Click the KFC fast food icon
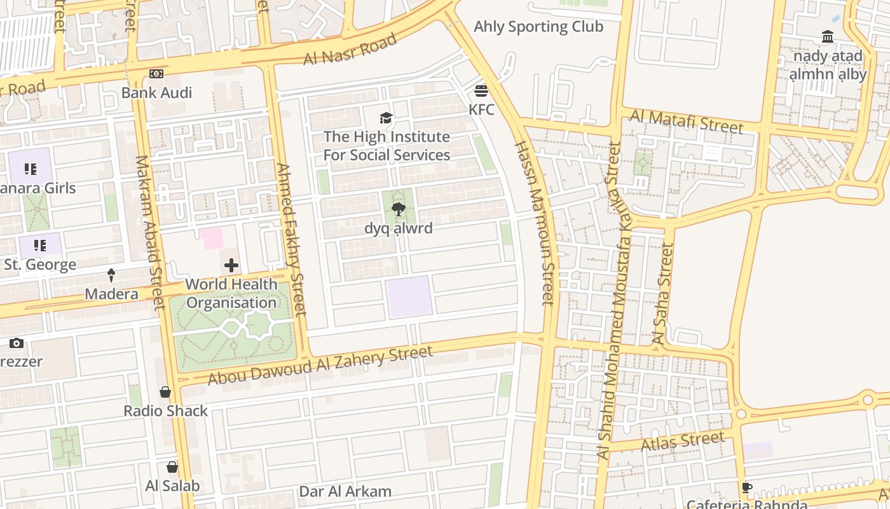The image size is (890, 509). tap(481, 90)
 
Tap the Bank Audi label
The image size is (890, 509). tap(156, 93)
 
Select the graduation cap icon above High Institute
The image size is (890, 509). tap(386, 118)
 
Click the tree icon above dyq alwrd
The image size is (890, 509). tap(399, 209)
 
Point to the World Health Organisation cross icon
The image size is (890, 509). tap(231, 265)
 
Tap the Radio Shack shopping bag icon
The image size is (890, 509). tap(165, 392)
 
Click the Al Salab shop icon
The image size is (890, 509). tap(172, 467)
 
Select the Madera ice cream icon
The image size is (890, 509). tap(111, 275)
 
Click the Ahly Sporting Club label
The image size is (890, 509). tap(538, 27)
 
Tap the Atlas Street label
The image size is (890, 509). tap(683, 441)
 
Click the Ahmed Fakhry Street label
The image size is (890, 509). tap(292, 239)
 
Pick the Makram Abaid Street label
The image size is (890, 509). tap(150, 233)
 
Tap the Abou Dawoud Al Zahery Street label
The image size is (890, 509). tap(320, 365)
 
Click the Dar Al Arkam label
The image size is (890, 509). tap(345, 491)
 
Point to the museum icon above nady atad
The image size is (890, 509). tap(827, 37)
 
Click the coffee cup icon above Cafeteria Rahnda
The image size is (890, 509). tap(747, 488)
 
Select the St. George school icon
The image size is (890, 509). tap(39, 246)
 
